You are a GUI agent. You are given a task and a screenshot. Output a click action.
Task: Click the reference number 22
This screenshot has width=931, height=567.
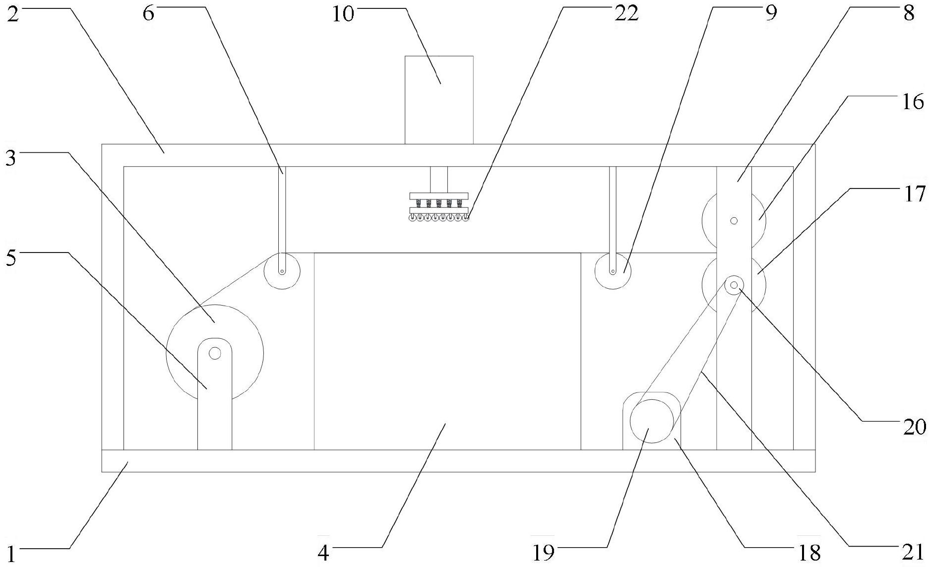click(626, 13)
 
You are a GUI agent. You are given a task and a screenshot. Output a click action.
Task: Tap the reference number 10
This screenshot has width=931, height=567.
click(343, 13)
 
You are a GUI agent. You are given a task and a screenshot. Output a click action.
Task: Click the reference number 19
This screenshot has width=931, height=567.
click(543, 552)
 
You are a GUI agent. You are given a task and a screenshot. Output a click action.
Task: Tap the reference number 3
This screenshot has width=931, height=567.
click(11, 158)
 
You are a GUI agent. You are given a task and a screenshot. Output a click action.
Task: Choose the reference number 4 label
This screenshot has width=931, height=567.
click(323, 552)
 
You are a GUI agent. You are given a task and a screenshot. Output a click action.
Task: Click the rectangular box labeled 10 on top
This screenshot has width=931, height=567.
click(439, 99)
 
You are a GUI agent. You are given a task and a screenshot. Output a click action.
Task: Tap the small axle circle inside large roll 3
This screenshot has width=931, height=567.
click(215, 353)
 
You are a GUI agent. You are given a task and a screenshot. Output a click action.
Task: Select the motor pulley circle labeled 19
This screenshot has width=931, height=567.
click(652, 421)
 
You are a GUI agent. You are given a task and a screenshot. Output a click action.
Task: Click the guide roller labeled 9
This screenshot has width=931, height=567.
click(613, 271)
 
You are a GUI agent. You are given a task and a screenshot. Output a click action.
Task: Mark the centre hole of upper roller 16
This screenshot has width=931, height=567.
click(734, 221)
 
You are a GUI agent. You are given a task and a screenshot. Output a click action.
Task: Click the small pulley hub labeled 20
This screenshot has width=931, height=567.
click(734, 285)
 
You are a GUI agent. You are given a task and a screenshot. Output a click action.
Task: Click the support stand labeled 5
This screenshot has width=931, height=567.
click(215, 407)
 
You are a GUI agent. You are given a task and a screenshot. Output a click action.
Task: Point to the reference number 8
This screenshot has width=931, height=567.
click(908, 13)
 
